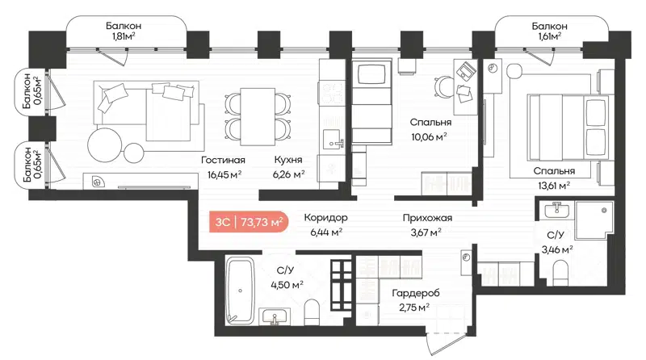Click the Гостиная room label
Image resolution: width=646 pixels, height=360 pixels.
tap(222, 160)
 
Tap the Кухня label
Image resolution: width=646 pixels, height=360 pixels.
tap(288, 160)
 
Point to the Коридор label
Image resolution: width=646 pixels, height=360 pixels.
tap(326, 218)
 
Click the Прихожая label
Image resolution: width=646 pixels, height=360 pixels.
tap(427, 218)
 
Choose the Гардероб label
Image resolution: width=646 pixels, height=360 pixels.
tap(415, 294)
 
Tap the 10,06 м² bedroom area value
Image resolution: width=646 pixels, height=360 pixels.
tap(429, 137)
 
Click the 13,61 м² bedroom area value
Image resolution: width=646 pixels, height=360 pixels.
tap(553, 184)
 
